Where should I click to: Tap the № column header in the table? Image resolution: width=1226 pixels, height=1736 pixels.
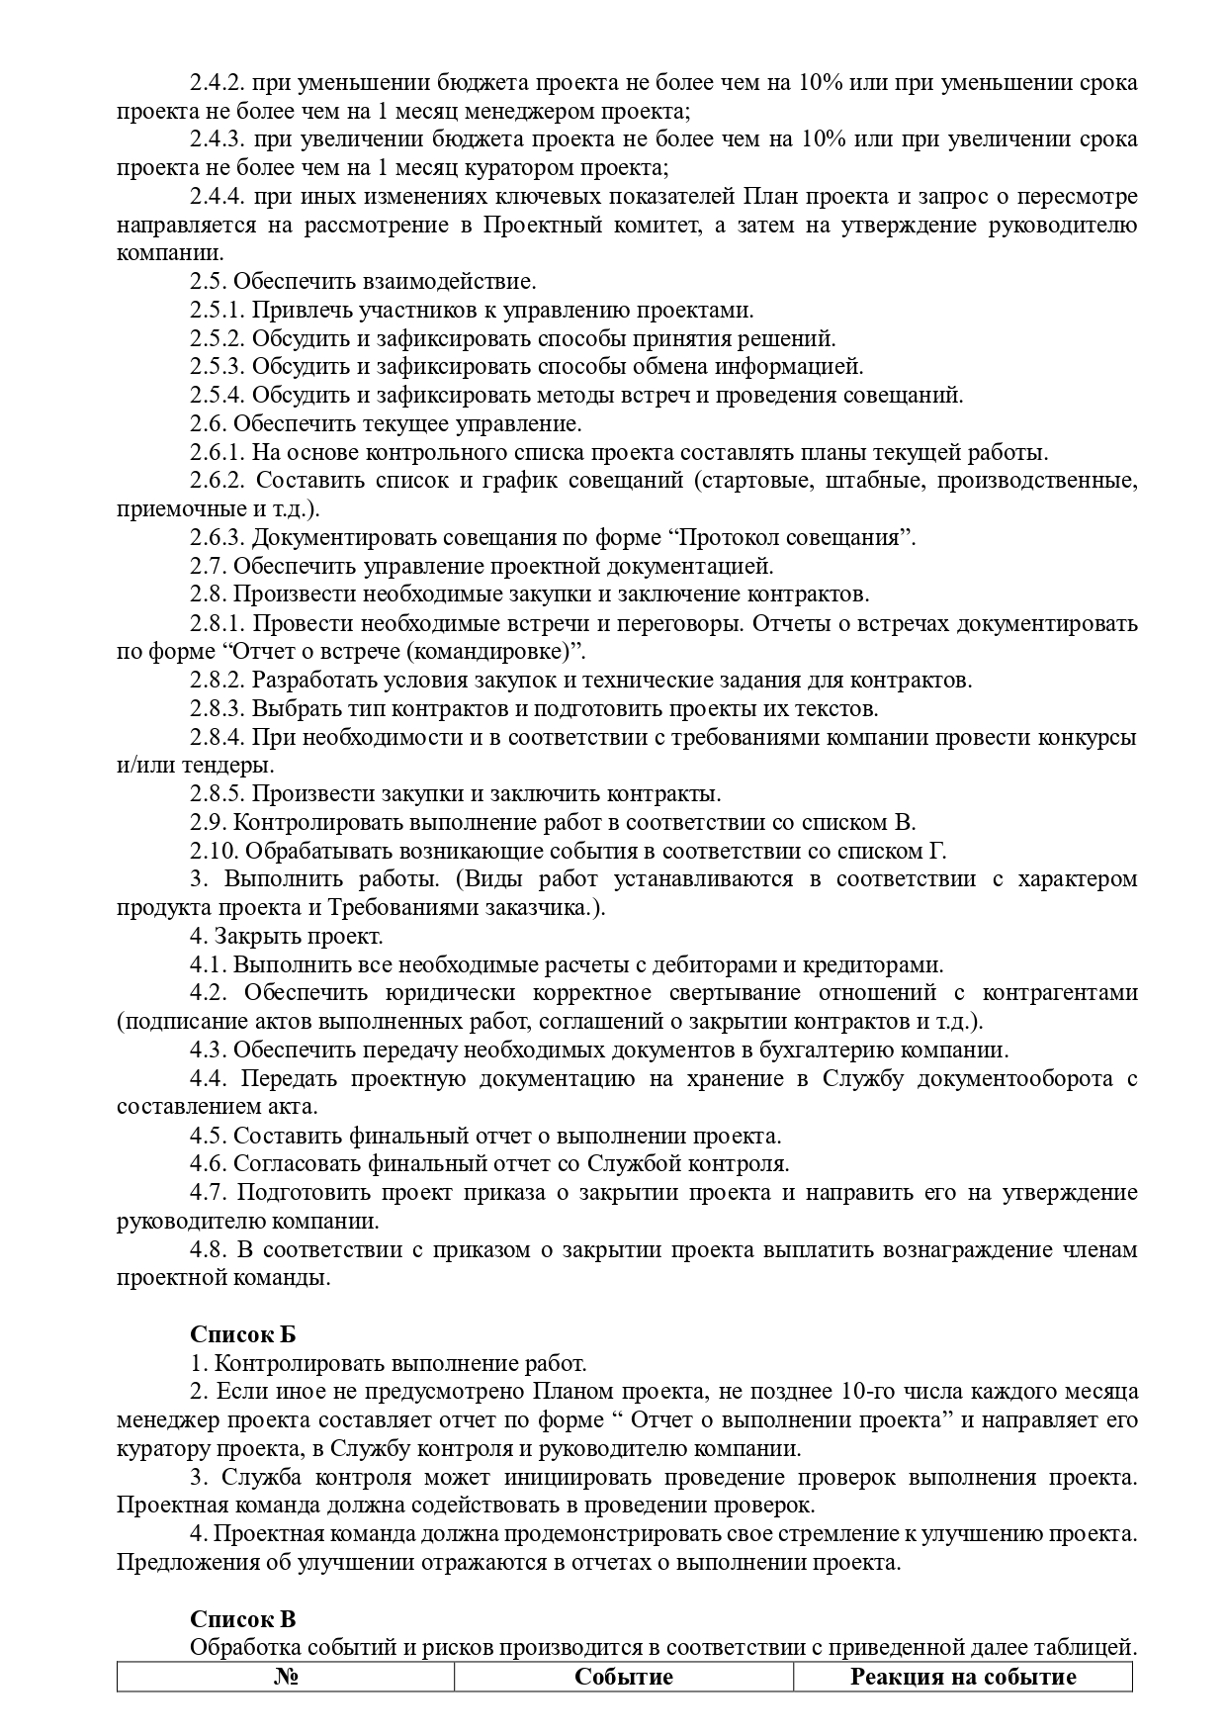286,1649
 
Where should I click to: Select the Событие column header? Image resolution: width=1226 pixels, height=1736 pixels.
624,1649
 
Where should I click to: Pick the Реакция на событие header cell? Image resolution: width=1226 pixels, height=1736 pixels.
963,1649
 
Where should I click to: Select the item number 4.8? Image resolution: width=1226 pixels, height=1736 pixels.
209,1249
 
